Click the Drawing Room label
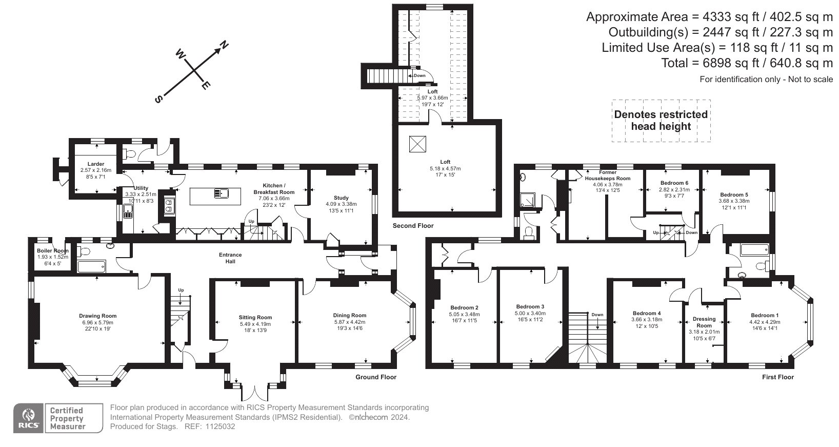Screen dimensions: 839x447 tap(98, 316)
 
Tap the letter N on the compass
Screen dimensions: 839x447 tap(224, 45)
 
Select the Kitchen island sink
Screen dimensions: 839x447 tap(222, 193)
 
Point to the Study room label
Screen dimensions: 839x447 tap(341, 198)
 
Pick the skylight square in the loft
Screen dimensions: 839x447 tap(417, 144)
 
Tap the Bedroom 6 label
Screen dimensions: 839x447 tap(674, 183)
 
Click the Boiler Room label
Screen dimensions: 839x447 tap(52, 250)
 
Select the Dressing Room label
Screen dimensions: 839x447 tap(704, 322)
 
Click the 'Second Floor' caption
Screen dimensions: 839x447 tap(413, 226)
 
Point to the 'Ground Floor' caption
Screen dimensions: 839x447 tap(376, 377)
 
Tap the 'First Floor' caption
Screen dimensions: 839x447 tap(778, 377)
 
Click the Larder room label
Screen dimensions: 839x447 tap(96, 164)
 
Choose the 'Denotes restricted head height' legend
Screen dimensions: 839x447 tap(661, 120)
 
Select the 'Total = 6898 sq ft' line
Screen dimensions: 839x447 tap(747, 63)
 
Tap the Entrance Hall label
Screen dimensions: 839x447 tap(230, 258)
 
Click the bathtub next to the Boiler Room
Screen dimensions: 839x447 tap(91, 266)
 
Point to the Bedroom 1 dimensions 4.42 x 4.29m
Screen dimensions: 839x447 tap(765, 322)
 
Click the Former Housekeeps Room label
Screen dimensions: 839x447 tap(608, 176)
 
